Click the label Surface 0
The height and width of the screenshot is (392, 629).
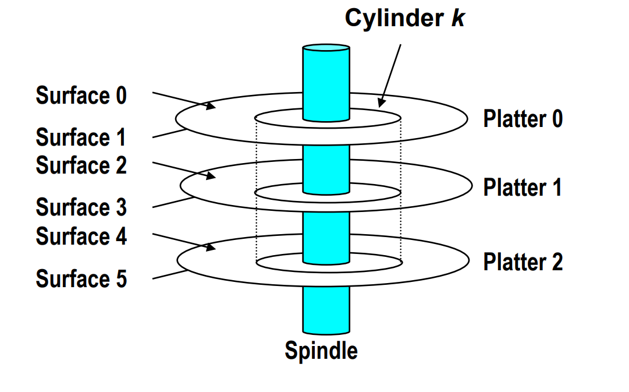[81, 95]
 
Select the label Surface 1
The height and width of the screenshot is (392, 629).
[81, 137]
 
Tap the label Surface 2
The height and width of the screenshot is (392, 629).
[81, 165]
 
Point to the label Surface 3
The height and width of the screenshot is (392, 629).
[81, 207]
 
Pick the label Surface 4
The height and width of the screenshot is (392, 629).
[81, 236]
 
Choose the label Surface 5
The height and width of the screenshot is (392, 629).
[81, 278]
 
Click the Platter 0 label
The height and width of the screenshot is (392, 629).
[523, 119]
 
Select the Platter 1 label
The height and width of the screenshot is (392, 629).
[523, 188]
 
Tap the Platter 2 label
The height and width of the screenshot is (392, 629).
[523, 262]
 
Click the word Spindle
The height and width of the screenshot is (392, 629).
[321, 351]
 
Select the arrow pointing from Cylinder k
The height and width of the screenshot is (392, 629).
[390, 76]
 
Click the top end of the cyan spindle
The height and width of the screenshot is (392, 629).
[326, 48]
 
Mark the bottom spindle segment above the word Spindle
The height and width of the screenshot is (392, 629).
[326, 309]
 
